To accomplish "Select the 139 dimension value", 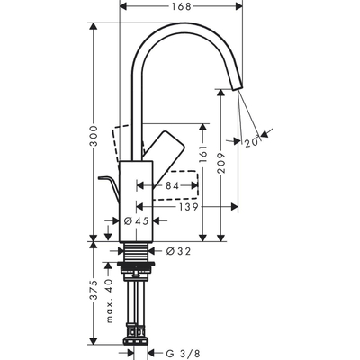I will click(x=188, y=207).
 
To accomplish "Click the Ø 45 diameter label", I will click(x=135, y=221).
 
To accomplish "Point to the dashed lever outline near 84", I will click(x=179, y=183).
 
